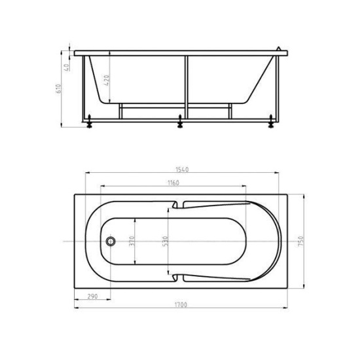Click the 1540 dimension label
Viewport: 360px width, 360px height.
click(182, 170)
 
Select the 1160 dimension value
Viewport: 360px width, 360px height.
click(173, 183)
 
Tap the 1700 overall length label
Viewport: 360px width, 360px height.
click(181, 305)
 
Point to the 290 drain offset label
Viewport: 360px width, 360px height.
click(92, 297)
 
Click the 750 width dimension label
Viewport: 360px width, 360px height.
click(301, 242)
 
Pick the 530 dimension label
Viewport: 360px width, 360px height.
click(166, 241)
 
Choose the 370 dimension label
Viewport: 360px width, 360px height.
click(132, 241)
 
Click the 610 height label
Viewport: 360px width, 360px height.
click(58, 88)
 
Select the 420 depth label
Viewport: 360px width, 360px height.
click(107, 80)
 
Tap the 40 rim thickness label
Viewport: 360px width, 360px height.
click(67, 67)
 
